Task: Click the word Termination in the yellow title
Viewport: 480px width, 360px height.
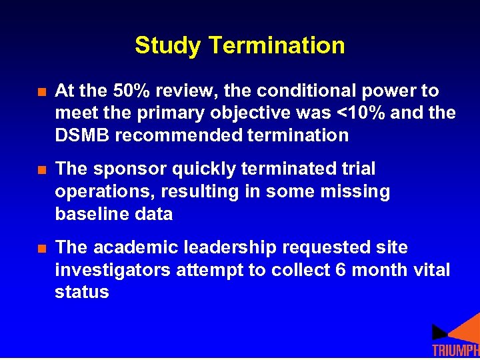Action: (277, 46)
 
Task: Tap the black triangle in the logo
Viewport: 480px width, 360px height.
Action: (439, 331)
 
